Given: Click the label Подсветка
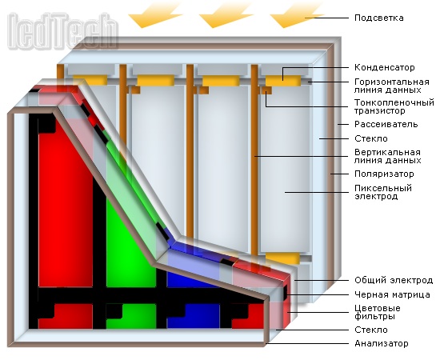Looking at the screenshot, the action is coord(379,18).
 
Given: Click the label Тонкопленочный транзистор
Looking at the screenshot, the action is coord(394,106).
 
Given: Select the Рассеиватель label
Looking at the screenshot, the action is coord(386,124).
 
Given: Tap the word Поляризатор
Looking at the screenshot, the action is coord(384,174).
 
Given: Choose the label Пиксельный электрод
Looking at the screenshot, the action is coord(383,192).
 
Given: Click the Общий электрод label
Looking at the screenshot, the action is coord(394,280).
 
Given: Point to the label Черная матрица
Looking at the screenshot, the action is coord(392,294).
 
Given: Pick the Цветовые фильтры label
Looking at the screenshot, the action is coord(377,312).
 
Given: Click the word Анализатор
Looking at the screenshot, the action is coord(382,343).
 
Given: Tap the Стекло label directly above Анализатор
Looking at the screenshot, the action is coord(371,330).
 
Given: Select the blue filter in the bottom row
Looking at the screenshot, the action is coord(194,316).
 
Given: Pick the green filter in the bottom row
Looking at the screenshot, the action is coord(131,316).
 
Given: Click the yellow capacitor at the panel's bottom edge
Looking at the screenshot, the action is coord(282,258).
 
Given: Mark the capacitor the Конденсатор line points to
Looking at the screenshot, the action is coord(283,80).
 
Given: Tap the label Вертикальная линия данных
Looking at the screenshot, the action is coord(387,156).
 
